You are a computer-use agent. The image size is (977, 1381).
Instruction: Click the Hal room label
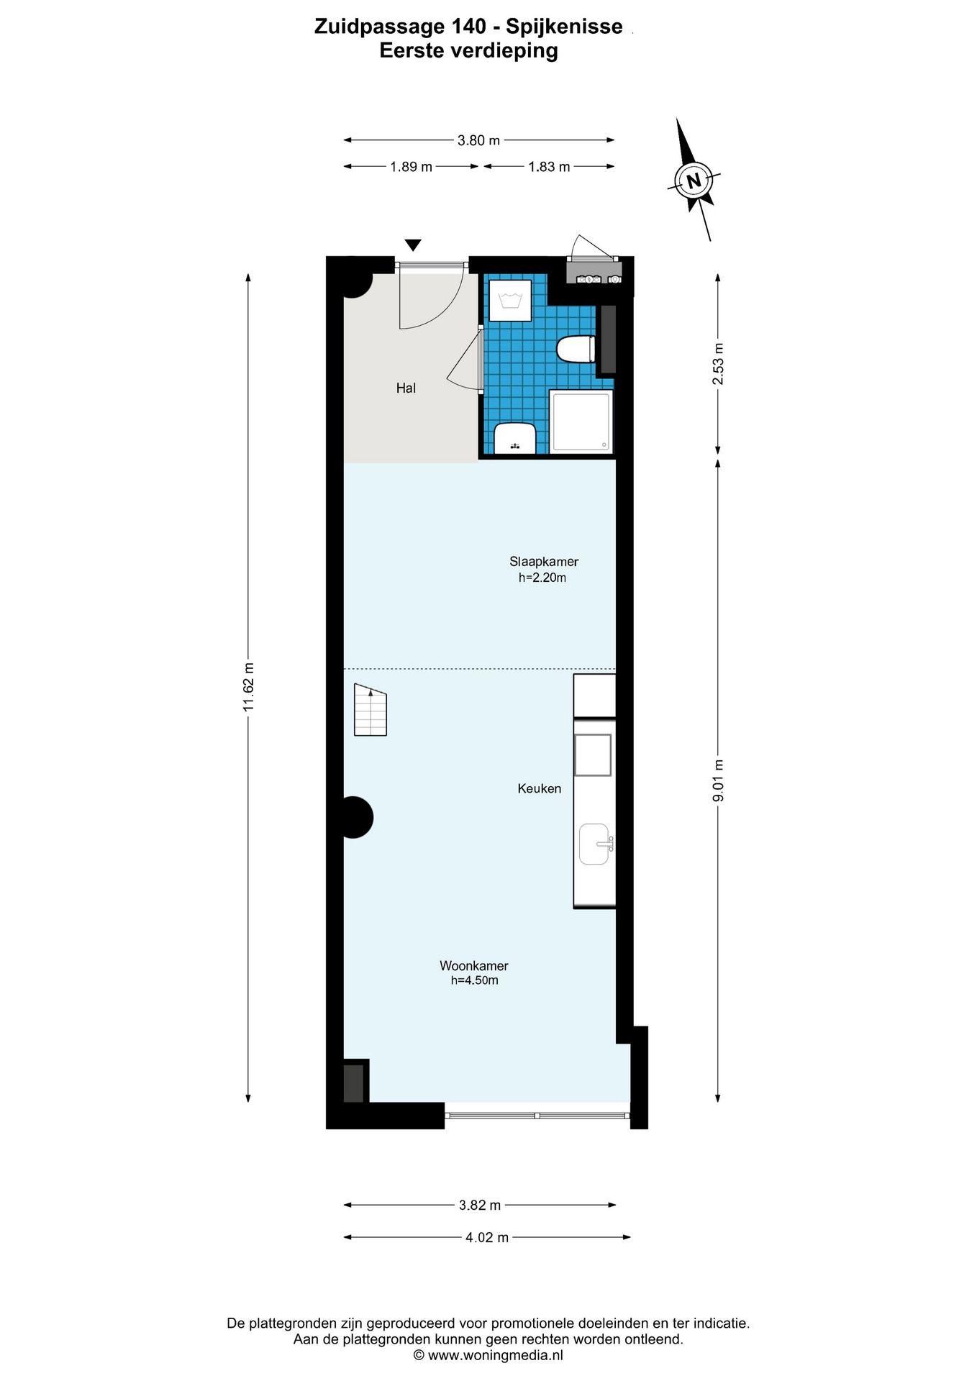pos(406,388)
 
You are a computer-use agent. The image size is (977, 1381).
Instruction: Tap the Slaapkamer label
pos(543,562)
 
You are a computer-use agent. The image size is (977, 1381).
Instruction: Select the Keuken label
pos(539,788)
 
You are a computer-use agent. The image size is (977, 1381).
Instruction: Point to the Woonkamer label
pos(473,966)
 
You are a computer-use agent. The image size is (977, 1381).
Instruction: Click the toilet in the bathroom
pos(576,350)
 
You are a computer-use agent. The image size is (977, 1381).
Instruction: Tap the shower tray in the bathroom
pos(581,421)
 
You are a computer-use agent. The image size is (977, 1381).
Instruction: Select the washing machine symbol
pos(510,300)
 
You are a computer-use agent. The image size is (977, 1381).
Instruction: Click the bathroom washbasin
pos(515,438)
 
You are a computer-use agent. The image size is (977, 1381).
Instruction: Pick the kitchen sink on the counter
pos(595,844)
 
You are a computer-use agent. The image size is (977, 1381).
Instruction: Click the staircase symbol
pos(371,711)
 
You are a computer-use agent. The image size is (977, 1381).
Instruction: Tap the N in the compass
pos(694,181)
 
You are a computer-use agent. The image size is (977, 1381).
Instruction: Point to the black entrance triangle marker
pos(413,245)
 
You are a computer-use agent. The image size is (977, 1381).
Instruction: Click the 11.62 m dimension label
pos(249,686)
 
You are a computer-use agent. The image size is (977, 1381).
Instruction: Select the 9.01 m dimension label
pos(718,780)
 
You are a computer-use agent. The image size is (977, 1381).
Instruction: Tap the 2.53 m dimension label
pos(718,364)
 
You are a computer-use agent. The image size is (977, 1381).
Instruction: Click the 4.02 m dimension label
pos(487,1237)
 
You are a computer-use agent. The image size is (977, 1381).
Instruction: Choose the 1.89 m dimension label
pos(411,167)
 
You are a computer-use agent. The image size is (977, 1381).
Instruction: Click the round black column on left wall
pos(355,817)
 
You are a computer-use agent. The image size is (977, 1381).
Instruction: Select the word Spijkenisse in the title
pos(564,27)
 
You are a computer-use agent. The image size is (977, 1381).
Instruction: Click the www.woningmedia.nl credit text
pos(495,1355)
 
